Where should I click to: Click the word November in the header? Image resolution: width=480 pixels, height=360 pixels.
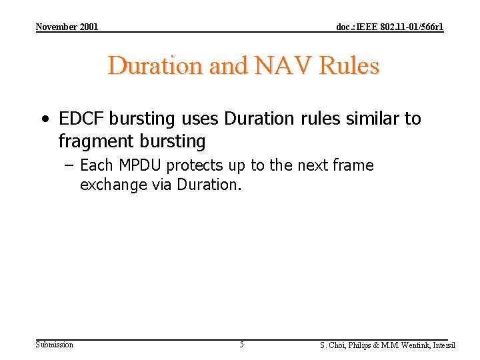[57, 27]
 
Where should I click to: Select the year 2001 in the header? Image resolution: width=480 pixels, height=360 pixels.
[89, 27]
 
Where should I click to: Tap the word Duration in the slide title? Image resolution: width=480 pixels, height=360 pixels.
[155, 66]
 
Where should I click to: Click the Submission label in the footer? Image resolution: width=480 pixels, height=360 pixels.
[55, 345]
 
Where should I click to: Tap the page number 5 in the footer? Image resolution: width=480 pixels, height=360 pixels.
[241, 345]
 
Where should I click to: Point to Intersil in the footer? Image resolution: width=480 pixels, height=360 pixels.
[445, 345]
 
